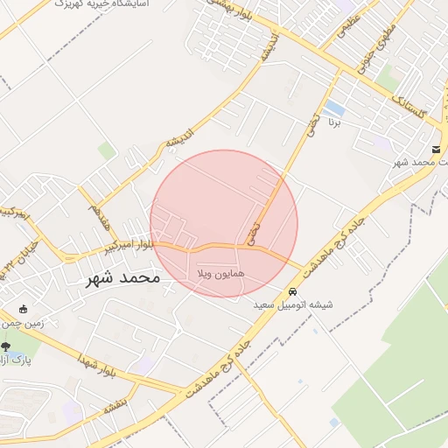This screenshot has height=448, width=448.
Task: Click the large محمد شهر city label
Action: (x=122, y=278)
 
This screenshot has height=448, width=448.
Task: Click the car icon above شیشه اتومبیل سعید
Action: (x=292, y=292)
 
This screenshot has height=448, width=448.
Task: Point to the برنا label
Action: (x=335, y=124)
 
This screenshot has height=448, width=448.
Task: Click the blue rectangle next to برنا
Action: (x=333, y=109)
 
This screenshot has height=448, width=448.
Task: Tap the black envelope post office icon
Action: (x=437, y=150)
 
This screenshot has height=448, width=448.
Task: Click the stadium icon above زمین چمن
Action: (x=23, y=309)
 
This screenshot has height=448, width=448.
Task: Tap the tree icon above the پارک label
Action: (x=6, y=347)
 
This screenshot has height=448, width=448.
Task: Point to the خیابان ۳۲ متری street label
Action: (x=19, y=256)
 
